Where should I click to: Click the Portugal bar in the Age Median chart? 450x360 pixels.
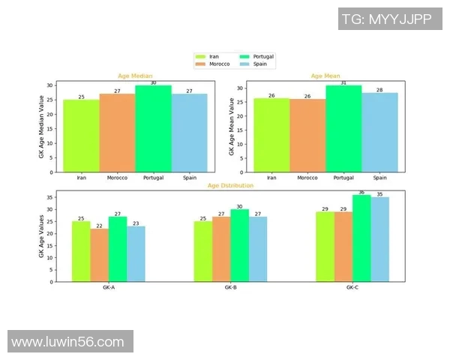(153, 128)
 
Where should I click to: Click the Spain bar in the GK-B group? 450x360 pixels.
(257, 249)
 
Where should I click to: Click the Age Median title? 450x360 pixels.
(135, 76)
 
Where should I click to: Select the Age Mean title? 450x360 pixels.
(325, 76)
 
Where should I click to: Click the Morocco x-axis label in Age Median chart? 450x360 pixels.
(117, 178)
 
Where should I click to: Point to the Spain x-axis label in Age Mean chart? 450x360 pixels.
(380, 178)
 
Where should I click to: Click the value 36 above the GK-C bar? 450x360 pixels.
(362, 193)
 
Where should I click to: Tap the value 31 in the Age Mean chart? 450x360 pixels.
(344, 82)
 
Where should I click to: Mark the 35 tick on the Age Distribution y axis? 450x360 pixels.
(50, 197)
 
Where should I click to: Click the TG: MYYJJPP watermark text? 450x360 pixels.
(386, 18)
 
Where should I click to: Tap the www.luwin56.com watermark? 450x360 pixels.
(68, 342)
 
